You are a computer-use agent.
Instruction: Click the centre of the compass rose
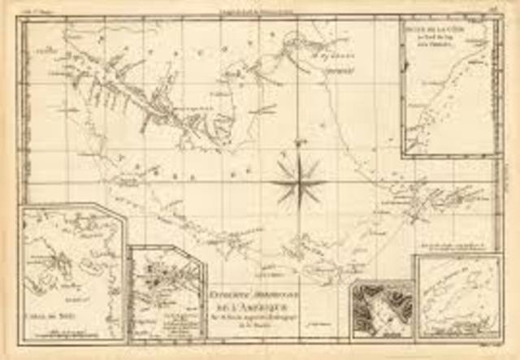click(298, 180)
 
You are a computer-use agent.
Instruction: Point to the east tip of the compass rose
click(327, 180)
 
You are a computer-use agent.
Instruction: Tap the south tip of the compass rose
click(298, 213)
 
